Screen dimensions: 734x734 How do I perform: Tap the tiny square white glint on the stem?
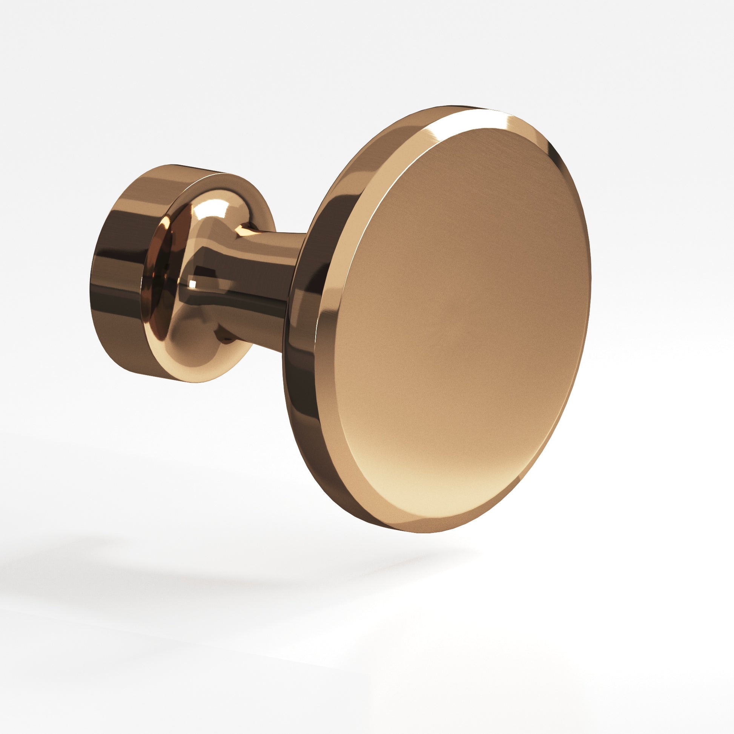tap(193, 283)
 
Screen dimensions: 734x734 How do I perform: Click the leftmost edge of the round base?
tap(91, 285)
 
